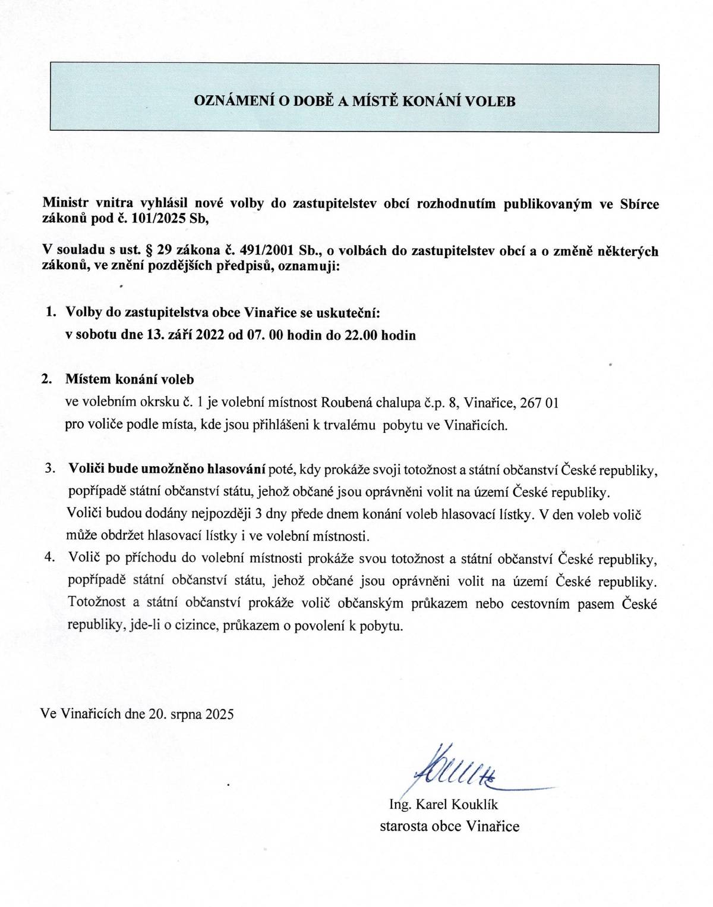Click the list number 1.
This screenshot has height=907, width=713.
(51, 312)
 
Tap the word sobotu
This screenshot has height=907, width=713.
(96, 335)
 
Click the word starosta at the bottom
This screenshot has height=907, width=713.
(403, 826)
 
